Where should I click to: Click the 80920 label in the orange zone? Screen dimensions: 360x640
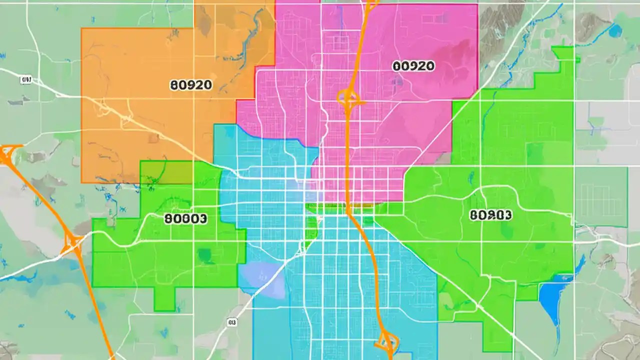pyautogui.click(x=191, y=84)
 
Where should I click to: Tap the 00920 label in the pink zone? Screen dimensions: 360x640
pyautogui.click(x=413, y=66)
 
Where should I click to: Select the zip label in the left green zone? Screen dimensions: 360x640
pyautogui.click(x=185, y=218)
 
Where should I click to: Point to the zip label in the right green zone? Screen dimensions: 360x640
pyautogui.click(x=491, y=215)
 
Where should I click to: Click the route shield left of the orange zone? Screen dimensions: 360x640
pyautogui.click(x=26, y=80)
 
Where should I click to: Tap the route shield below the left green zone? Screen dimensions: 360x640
pyautogui.click(x=231, y=323)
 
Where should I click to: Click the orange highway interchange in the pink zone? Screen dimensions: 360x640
pyautogui.click(x=347, y=97)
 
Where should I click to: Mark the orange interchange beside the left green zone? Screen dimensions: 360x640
pyautogui.click(x=72, y=244)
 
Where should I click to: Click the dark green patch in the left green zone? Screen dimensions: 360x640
pyautogui.click(x=204, y=255)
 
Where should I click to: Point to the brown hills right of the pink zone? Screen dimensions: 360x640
pyautogui.click(x=500, y=20)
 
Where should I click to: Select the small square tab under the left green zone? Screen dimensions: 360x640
pyautogui.click(x=164, y=299)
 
